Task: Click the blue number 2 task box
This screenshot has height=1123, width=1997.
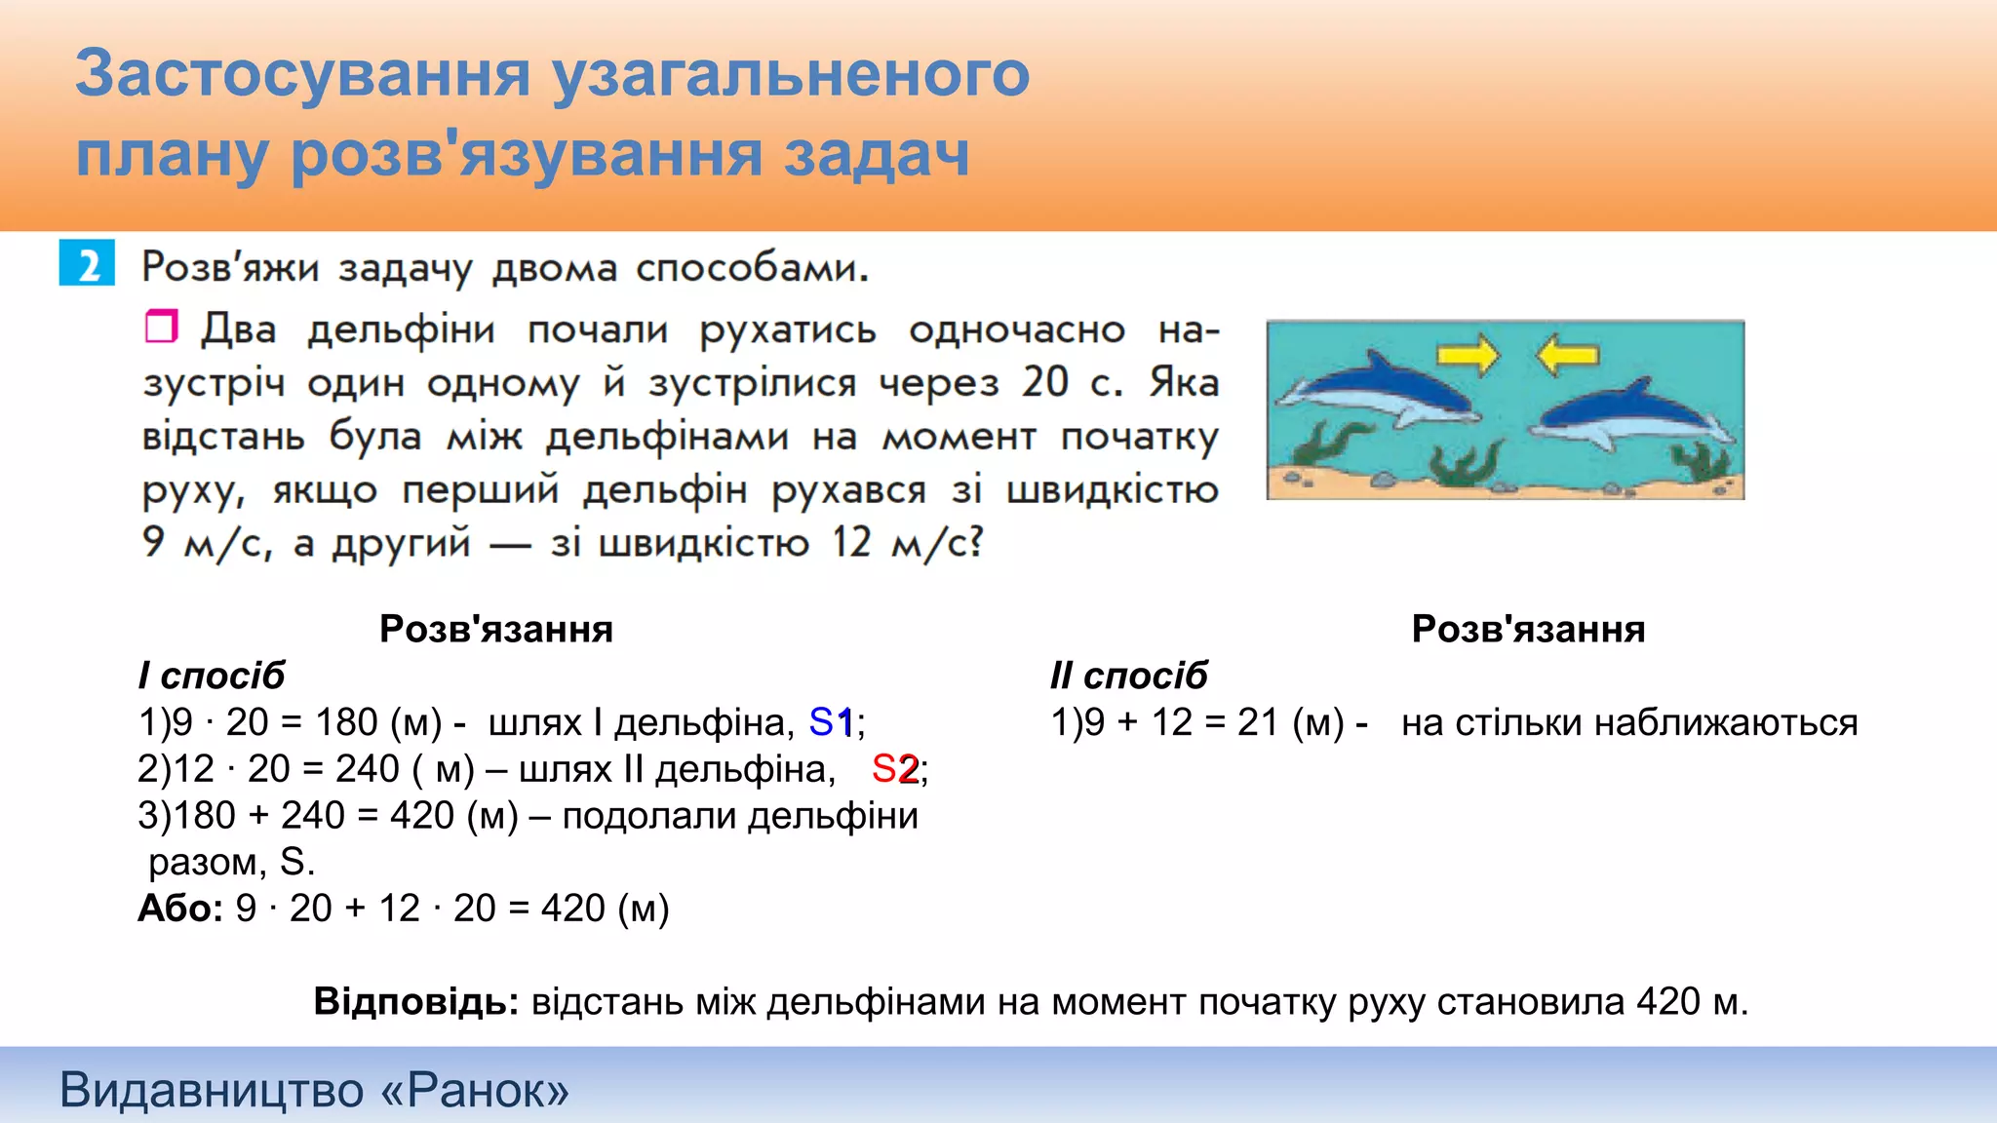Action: [x=87, y=263]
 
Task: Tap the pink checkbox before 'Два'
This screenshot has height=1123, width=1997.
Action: [x=161, y=327]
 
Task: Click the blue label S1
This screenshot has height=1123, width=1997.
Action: [x=831, y=722]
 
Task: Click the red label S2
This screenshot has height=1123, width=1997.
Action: [x=894, y=769]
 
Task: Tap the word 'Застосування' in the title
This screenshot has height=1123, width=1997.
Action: [x=302, y=74]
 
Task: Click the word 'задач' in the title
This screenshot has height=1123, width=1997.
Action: [x=877, y=154]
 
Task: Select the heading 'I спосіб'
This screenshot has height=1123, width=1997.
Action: [x=212, y=676]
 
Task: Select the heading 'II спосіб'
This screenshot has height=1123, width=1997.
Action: [x=1128, y=676]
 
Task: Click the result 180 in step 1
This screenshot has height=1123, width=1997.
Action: [x=345, y=722]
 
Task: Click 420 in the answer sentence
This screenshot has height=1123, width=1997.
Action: [x=1668, y=1001]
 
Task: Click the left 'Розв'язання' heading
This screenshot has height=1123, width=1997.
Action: [x=495, y=629]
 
